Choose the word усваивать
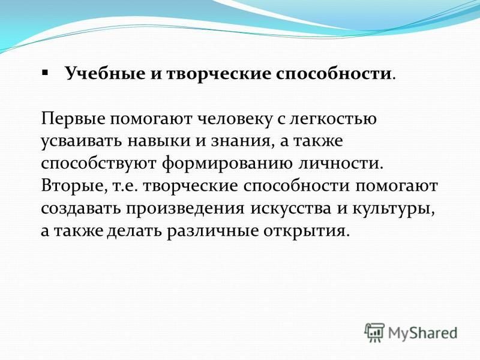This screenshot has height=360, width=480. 81,141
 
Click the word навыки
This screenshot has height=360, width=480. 158,141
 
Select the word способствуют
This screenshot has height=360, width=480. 98,163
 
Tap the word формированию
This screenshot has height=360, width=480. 227,163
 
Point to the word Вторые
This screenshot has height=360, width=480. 74,186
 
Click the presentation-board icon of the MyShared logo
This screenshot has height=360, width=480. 374,332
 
